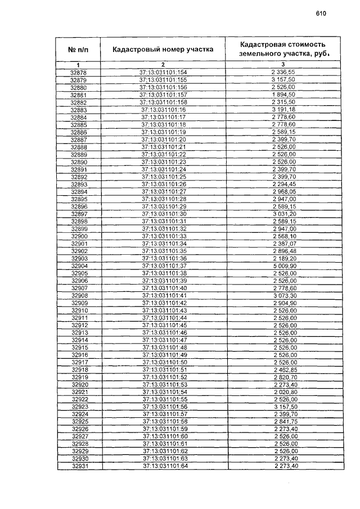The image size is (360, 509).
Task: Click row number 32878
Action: click(x=79, y=73)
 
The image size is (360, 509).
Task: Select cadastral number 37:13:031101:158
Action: click(x=163, y=103)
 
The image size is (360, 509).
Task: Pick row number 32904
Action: click(x=79, y=265)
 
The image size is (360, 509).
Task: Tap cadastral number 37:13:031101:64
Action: click(x=164, y=466)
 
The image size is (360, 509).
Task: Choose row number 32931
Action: click(x=79, y=466)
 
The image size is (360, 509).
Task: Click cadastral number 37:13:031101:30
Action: click(x=164, y=214)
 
